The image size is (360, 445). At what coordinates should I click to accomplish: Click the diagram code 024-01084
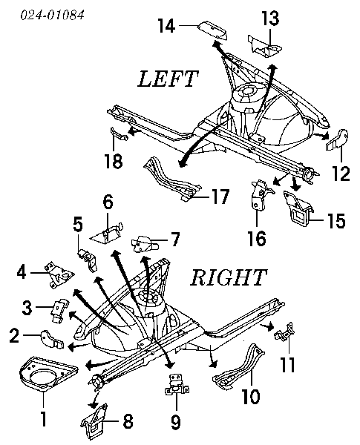(53, 15)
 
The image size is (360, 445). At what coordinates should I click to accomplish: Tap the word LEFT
(168, 79)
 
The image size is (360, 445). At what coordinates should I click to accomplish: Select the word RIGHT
(229, 277)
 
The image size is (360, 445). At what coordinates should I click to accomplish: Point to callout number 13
(270, 18)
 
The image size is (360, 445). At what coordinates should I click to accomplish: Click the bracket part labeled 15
(298, 208)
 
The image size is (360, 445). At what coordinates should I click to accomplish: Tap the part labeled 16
(261, 194)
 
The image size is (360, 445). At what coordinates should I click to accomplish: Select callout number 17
(220, 197)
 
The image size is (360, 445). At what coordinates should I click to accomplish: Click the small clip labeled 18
(118, 134)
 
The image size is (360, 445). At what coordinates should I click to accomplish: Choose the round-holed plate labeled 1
(48, 373)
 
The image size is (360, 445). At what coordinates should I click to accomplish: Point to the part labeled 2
(52, 340)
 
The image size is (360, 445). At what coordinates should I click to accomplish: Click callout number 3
(27, 307)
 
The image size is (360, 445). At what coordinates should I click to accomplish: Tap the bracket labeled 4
(59, 274)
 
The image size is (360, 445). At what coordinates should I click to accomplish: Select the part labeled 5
(88, 260)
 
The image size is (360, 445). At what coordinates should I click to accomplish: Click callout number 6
(108, 202)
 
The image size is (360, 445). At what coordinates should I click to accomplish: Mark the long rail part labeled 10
(240, 366)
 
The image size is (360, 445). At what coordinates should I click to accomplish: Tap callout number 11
(287, 364)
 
